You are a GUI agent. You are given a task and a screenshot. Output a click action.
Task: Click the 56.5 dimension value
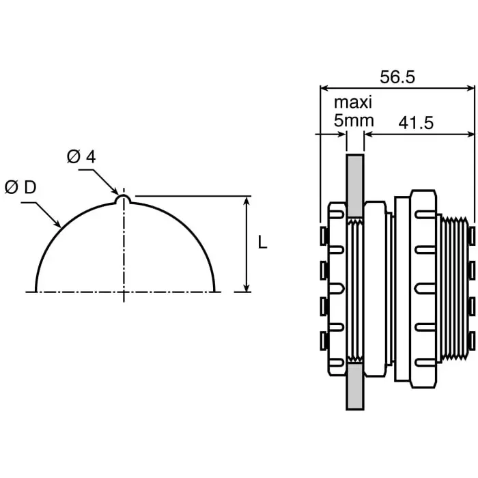click(397, 76)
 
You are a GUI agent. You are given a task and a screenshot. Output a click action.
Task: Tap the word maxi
click(353, 103)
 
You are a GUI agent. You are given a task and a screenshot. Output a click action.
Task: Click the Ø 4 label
click(81, 156)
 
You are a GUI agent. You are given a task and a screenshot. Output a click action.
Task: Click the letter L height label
click(263, 242)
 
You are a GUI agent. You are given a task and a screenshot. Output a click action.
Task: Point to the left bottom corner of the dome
click(36, 290)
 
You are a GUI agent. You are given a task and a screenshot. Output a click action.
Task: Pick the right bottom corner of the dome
click(214, 290)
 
